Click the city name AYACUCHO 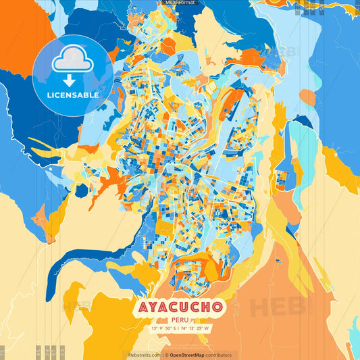(x=180, y=307)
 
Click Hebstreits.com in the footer (x=144, y=355)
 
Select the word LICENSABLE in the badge (x=73, y=95)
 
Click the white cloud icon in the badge (x=73, y=61)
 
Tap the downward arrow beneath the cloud (x=70, y=80)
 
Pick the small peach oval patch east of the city (x=307, y=98)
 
